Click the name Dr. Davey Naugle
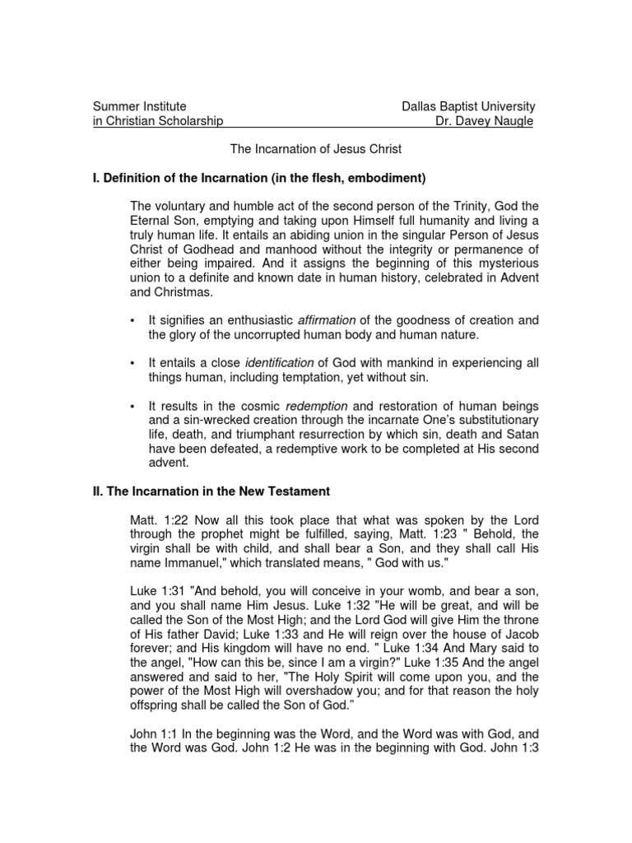click(485, 122)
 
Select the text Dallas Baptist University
click(467, 106)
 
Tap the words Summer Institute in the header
click(139, 106)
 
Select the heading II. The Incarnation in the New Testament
click(211, 491)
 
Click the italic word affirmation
click(327, 320)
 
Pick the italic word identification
click(281, 363)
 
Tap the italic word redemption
click(316, 406)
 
